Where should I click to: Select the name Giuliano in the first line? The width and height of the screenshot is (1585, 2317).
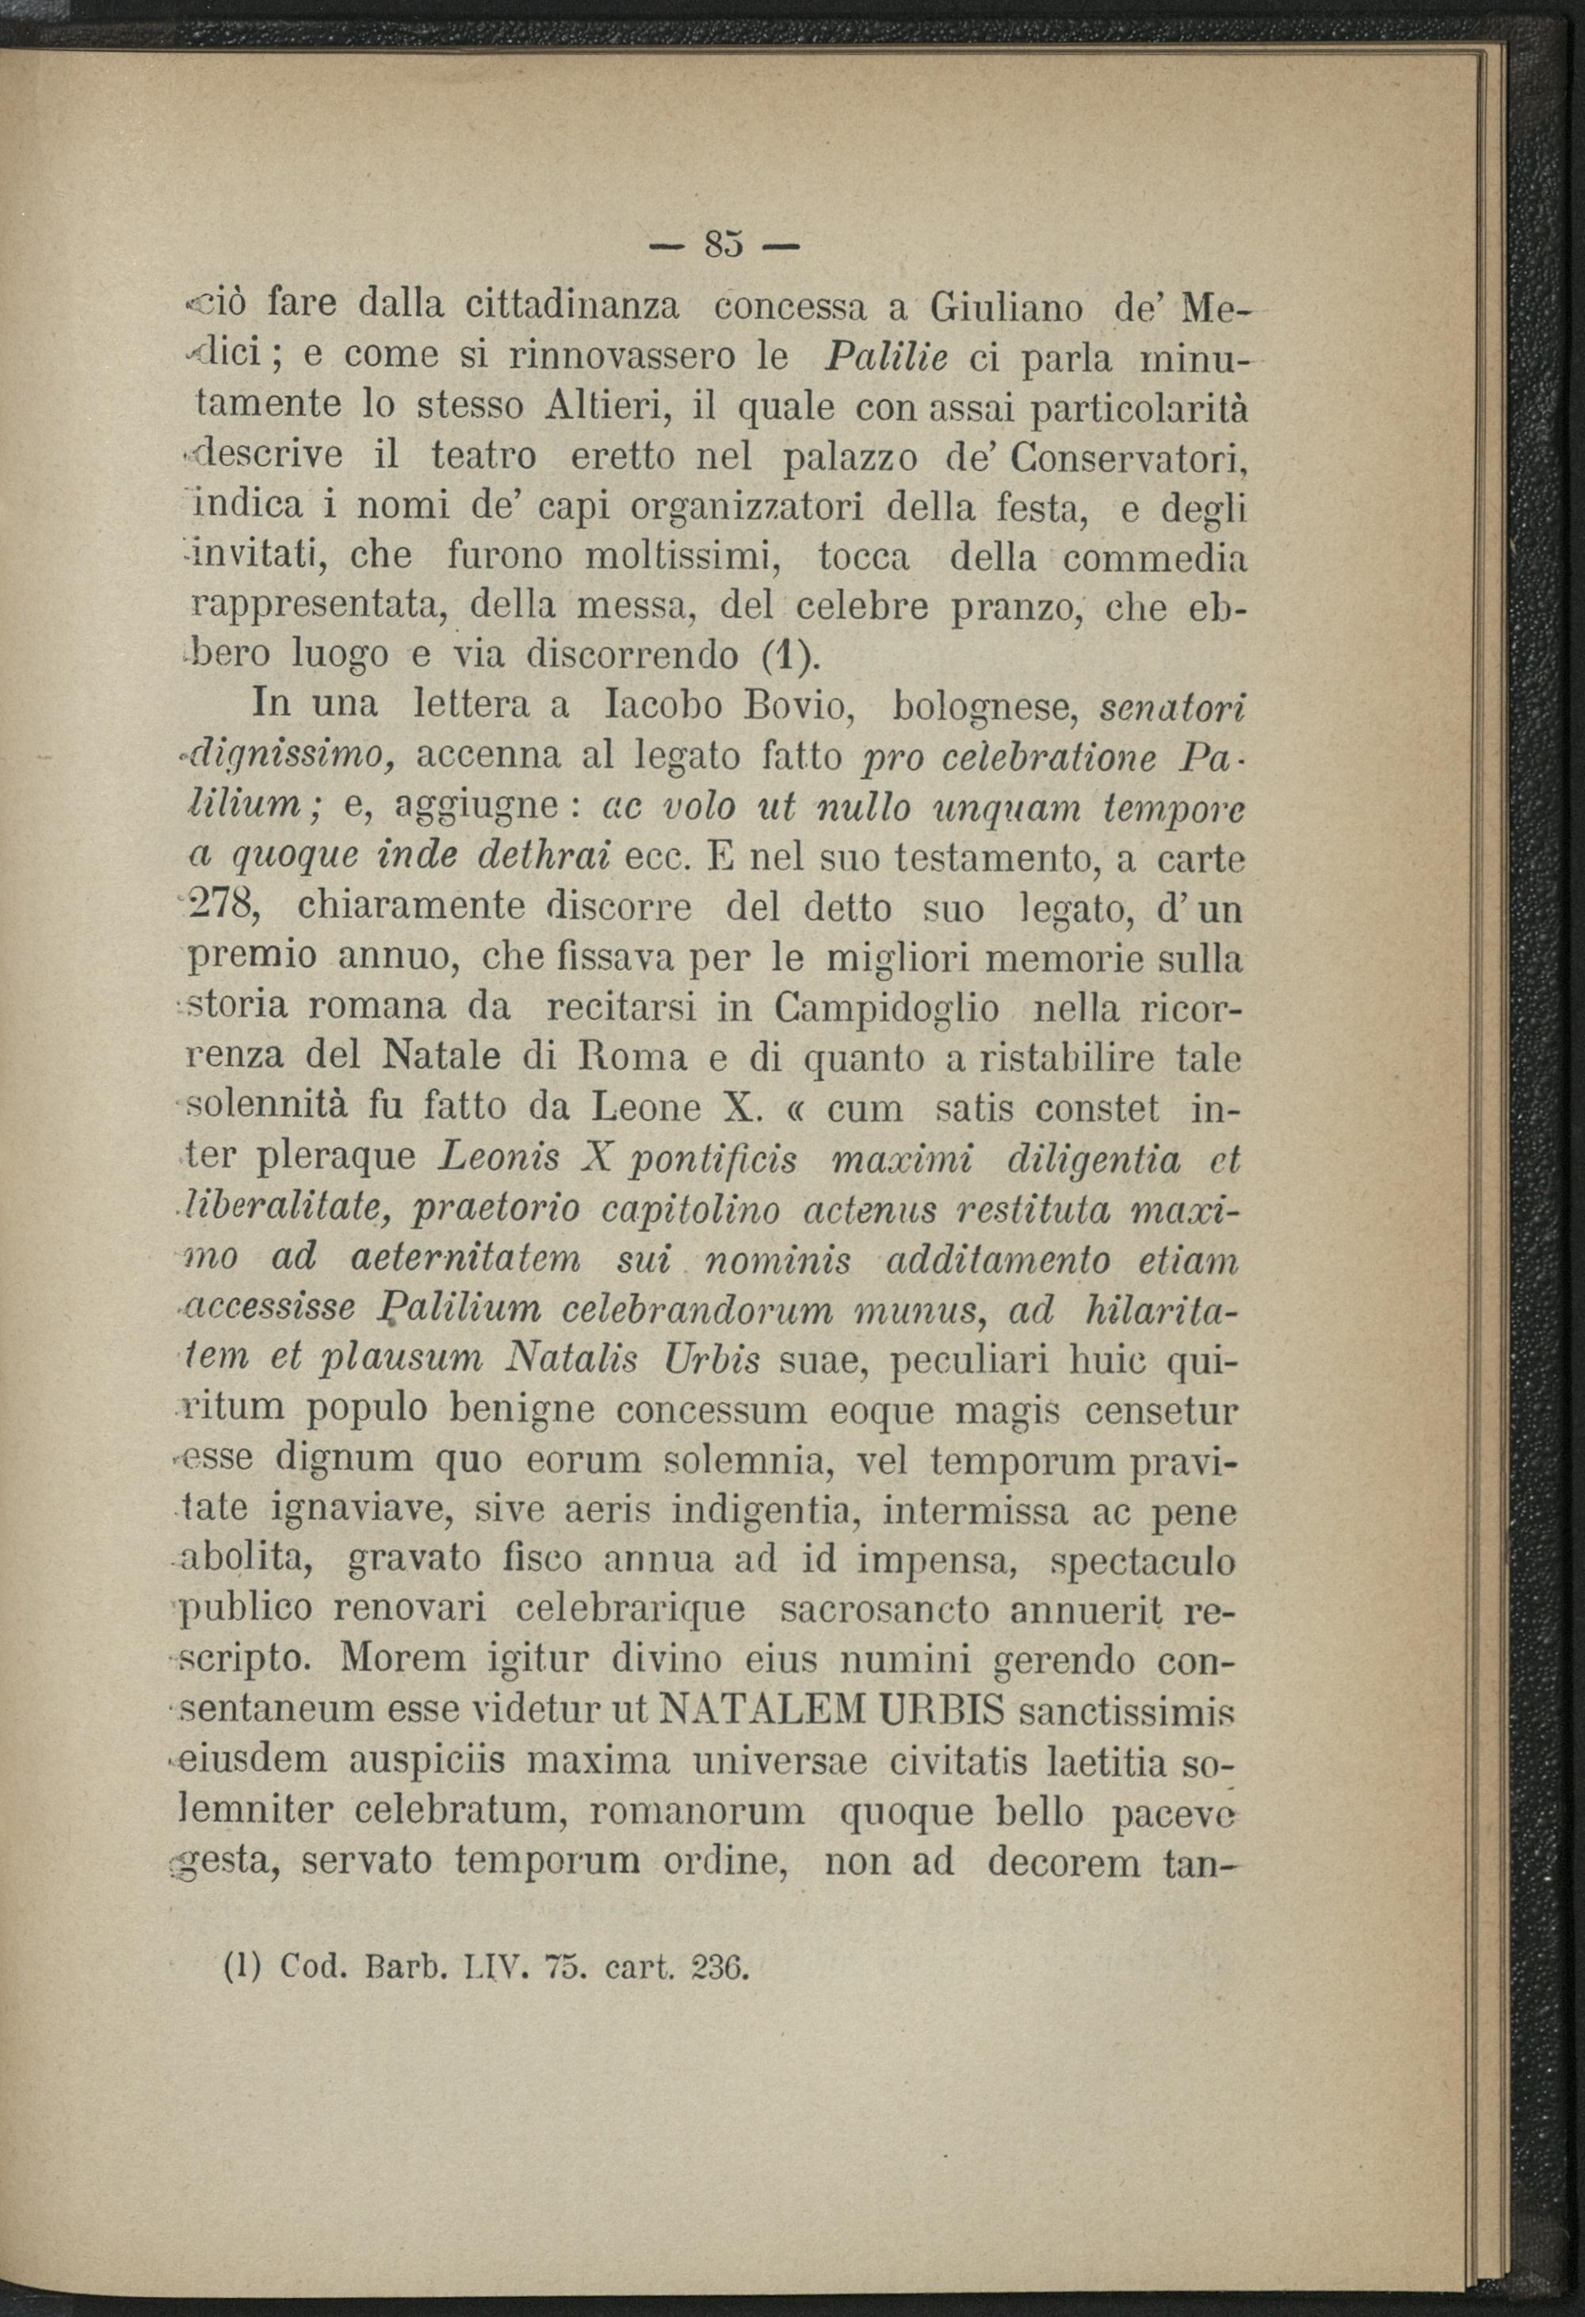click(x=1006, y=306)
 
